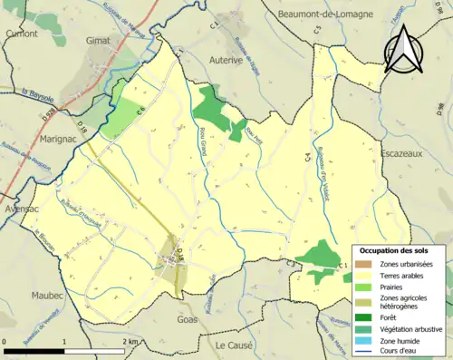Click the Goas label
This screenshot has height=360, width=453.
coord(188,321)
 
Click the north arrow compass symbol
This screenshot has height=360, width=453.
coord(411,56)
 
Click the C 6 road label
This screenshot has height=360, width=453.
coord(141,111)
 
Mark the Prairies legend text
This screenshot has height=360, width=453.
coord(398,287)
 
